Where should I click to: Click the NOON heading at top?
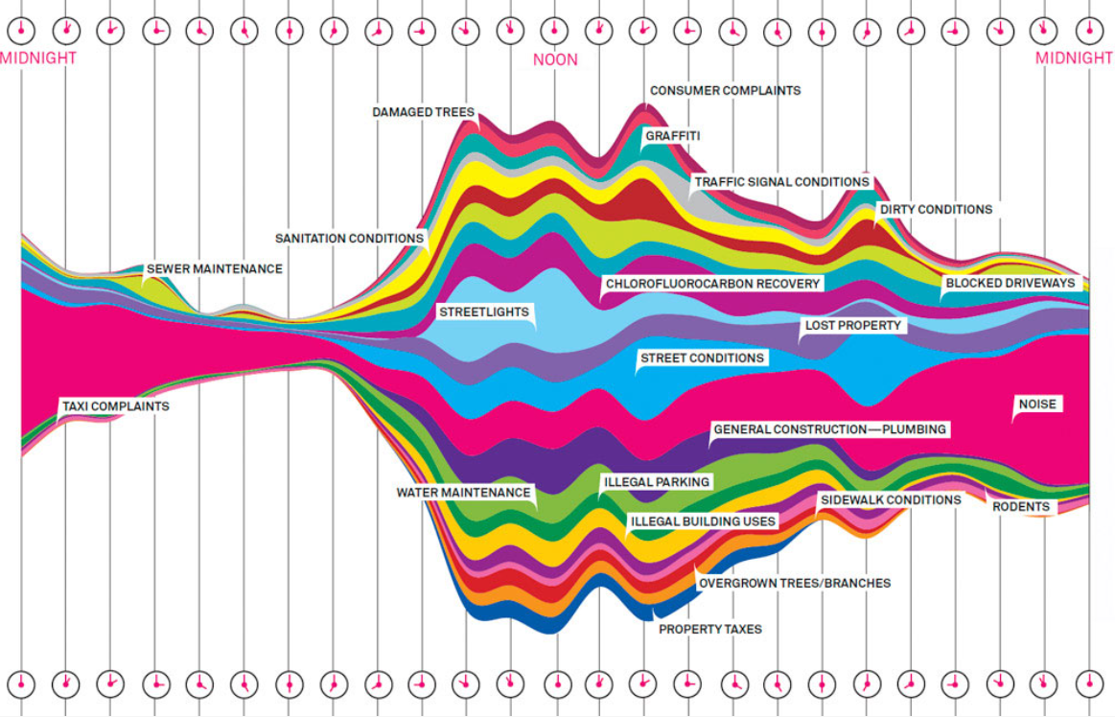(x=555, y=59)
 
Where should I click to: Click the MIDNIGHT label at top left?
(x=38, y=58)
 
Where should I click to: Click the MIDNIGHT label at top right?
(x=1074, y=58)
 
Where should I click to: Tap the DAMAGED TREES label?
(x=423, y=112)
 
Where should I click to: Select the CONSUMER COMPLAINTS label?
(x=725, y=90)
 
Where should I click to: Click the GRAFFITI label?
(x=672, y=136)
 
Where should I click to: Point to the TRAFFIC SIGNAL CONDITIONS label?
(x=781, y=181)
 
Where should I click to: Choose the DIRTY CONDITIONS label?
(x=936, y=209)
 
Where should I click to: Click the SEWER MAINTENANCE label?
(x=214, y=269)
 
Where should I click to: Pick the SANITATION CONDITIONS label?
(x=349, y=238)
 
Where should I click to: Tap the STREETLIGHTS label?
(x=483, y=312)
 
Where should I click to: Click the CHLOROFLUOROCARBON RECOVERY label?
(x=712, y=284)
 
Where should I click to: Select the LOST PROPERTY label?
(x=853, y=326)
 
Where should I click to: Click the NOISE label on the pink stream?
(x=1037, y=405)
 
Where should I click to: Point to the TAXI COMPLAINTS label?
(x=115, y=406)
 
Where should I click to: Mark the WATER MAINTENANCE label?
(x=463, y=493)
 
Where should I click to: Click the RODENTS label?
(x=1020, y=506)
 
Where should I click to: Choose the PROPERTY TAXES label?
(x=709, y=629)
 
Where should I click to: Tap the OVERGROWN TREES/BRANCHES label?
(x=794, y=583)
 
